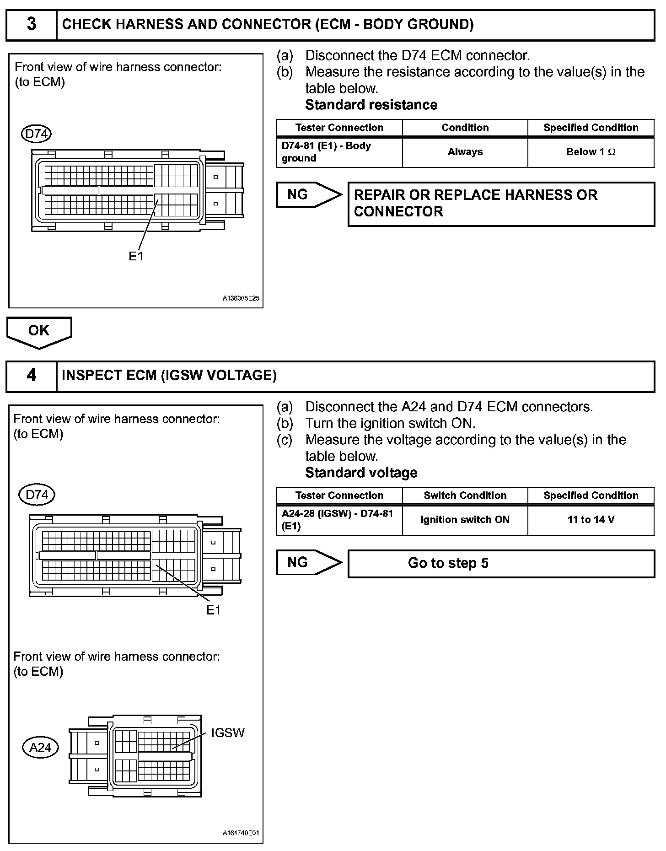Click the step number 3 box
click(31, 25)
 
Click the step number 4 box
click(31, 376)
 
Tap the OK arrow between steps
click(39, 332)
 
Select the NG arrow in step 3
click(308, 195)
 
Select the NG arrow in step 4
click(308, 562)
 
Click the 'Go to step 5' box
click(501, 563)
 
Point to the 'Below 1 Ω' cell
click(591, 152)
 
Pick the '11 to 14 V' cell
click(591, 520)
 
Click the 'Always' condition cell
click(465, 152)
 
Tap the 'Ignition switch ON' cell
click(465, 520)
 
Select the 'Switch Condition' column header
click(465, 496)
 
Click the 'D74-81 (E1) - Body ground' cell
click(339, 152)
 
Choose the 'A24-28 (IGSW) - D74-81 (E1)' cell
click(339, 520)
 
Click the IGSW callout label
click(227, 733)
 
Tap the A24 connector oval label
click(40, 748)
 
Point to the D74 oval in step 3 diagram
click(37, 134)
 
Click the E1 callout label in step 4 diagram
click(213, 610)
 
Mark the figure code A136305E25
click(241, 298)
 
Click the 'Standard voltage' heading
click(361, 473)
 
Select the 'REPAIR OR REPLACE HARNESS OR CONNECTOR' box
click(501, 204)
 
